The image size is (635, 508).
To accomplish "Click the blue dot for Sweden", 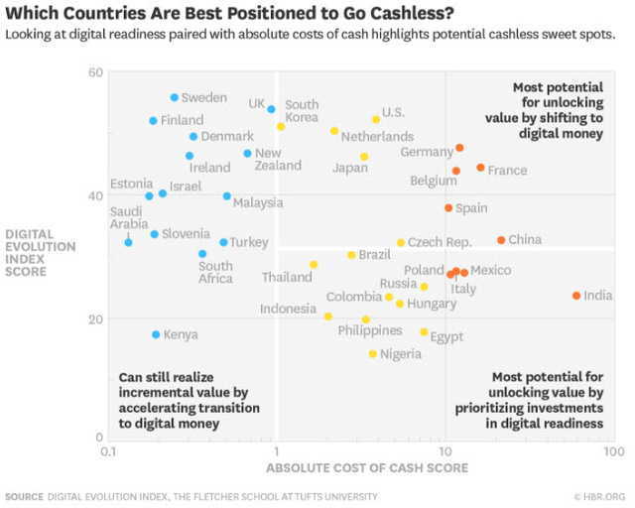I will [x=175, y=97].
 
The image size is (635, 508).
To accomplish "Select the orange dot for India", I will [x=576, y=296].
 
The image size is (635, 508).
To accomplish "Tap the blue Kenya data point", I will [x=156, y=334].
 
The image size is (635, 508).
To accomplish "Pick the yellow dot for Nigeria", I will [x=373, y=354].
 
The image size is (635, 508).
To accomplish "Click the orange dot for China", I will [x=501, y=240].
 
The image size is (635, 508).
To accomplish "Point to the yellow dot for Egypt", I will [x=424, y=332].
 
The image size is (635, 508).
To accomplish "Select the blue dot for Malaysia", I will [x=227, y=196].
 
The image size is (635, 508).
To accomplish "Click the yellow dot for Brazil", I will [x=351, y=255].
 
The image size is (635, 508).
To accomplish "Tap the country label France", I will [x=507, y=171].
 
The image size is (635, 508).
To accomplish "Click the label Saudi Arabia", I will [x=125, y=217].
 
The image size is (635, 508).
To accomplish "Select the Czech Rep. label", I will [x=440, y=242].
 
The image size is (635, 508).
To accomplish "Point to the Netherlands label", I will [x=377, y=136].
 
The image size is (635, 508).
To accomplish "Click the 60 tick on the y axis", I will [x=95, y=73].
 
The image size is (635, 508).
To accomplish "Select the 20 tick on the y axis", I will [x=95, y=318].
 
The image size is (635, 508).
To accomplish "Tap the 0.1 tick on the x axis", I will [x=109, y=450].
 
